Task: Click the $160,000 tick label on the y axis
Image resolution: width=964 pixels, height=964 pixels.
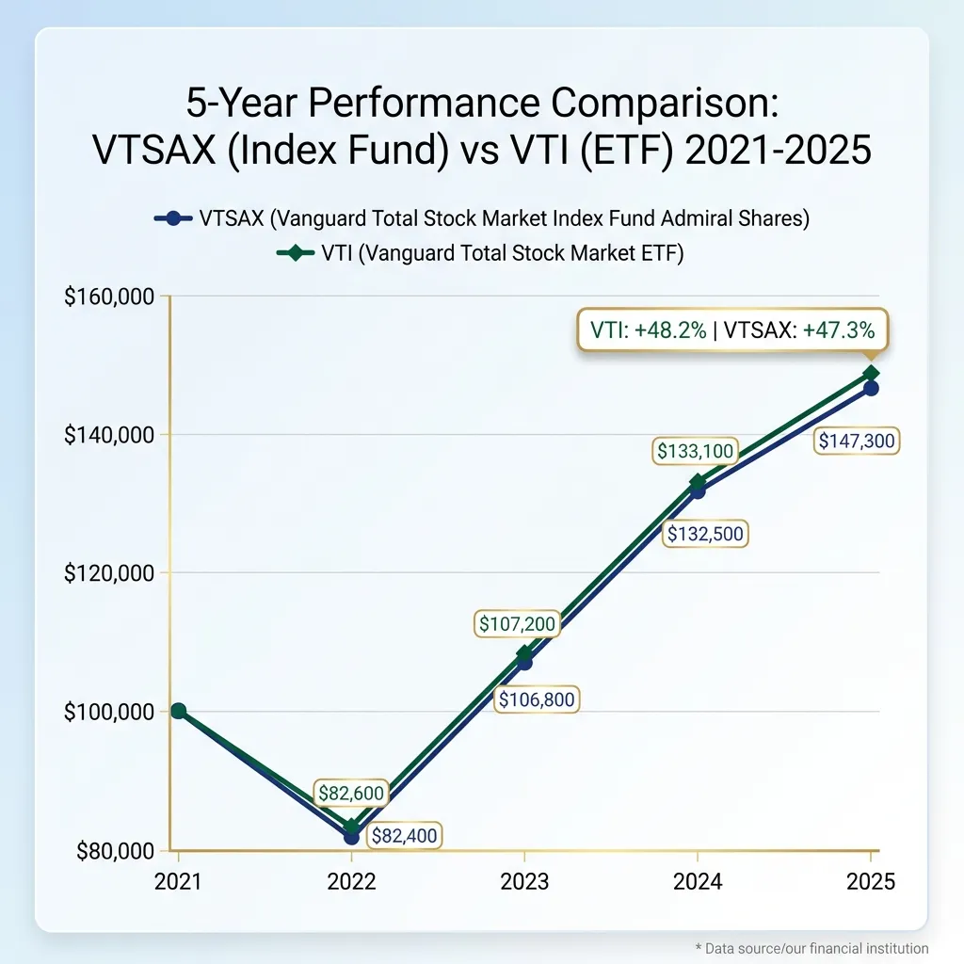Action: click(x=109, y=297)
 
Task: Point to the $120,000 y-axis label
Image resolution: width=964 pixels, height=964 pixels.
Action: click(x=109, y=573)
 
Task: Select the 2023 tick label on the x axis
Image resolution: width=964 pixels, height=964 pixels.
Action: click(x=524, y=881)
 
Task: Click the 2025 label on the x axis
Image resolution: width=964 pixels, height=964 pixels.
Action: click(x=871, y=881)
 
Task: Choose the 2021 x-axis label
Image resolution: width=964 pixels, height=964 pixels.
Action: click(x=178, y=881)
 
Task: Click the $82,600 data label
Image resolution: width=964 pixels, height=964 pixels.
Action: click(x=351, y=794)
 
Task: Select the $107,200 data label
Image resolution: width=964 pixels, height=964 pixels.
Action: click(x=517, y=623)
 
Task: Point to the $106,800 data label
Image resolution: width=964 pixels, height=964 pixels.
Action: click(x=538, y=700)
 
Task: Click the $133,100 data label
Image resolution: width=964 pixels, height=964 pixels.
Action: click(x=696, y=452)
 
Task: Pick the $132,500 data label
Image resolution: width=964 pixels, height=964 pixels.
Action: click(x=705, y=535)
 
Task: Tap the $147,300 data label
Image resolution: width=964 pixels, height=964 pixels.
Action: click(x=857, y=441)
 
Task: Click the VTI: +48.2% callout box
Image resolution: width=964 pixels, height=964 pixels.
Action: click(x=731, y=330)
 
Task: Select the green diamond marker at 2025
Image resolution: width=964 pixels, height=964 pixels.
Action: click(x=871, y=374)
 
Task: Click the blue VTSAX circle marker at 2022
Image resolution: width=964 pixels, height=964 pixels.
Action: click(x=351, y=836)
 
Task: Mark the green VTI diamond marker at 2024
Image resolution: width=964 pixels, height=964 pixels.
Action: click(x=698, y=482)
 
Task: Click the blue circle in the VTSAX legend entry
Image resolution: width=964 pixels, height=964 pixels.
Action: click(x=172, y=218)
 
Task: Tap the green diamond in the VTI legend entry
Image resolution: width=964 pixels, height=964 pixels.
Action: click(x=297, y=253)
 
